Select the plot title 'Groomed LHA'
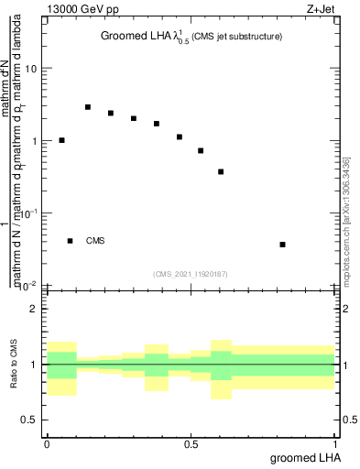coord(138,37)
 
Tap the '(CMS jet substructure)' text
coord(237,37)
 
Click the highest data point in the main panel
coord(88,107)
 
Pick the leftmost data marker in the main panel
coord(61,140)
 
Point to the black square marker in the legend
coord(70,241)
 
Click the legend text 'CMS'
coord(95,241)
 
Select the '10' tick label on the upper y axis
coord(31,70)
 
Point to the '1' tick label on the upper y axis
coord(35,141)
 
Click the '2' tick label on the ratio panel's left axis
coord(35,309)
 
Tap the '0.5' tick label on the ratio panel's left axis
coord(30,420)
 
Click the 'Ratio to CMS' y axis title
coord(14,364)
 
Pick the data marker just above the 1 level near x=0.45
coord(180,136)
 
